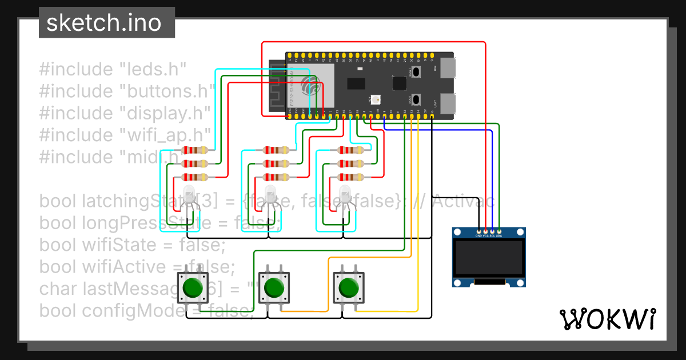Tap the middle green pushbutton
pyautogui.click(x=273, y=288)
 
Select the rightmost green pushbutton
pyautogui.click(x=348, y=288)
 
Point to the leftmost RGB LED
pyautogui.click(x=188, y=194)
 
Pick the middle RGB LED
pyautogui.click(x=269, y=194)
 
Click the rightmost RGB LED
pyautogui.click(x=345, y=194)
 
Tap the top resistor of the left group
pyautogui.click(x=194, y=151)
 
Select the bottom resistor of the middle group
pyautogui.click(x=276, y=177)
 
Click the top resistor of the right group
pyautogui.click(x=350, y=151)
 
